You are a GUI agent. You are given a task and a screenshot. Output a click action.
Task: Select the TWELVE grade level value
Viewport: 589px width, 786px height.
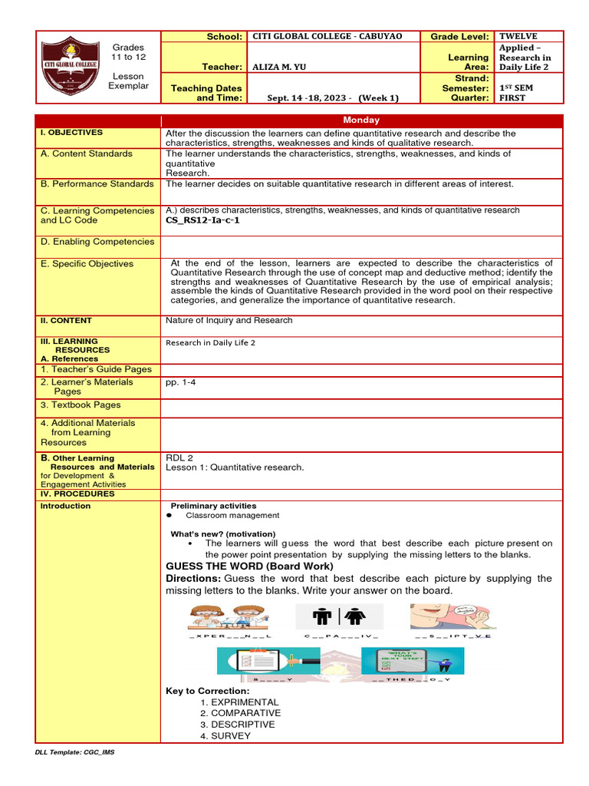[518, 36]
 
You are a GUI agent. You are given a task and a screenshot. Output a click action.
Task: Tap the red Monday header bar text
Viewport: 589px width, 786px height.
[362, 121]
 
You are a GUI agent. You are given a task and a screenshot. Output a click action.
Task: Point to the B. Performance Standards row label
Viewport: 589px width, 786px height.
[97, 184]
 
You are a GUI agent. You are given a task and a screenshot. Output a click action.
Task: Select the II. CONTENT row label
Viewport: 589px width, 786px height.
[66, 321]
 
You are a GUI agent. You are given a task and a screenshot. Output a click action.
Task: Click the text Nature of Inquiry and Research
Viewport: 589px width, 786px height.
[229, 321]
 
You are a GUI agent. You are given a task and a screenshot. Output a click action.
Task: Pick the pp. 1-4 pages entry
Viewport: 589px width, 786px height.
[180, 381]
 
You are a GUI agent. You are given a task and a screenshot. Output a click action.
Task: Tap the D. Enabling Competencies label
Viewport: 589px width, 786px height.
[97, 242]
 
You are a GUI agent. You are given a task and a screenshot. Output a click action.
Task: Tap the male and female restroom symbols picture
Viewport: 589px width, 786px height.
[343, 616]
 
